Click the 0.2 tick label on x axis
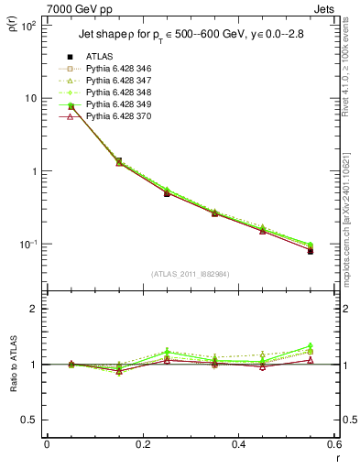pyautogui.click(x=142, y=444)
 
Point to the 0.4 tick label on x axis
pyautogui.click(x=238, y=444)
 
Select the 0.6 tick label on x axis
pyautogui.click(x=333, y=444)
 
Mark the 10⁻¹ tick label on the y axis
pyautogui.click(x=27, y=245)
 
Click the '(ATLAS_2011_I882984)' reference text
pyautogui.click(x=191, y=274)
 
